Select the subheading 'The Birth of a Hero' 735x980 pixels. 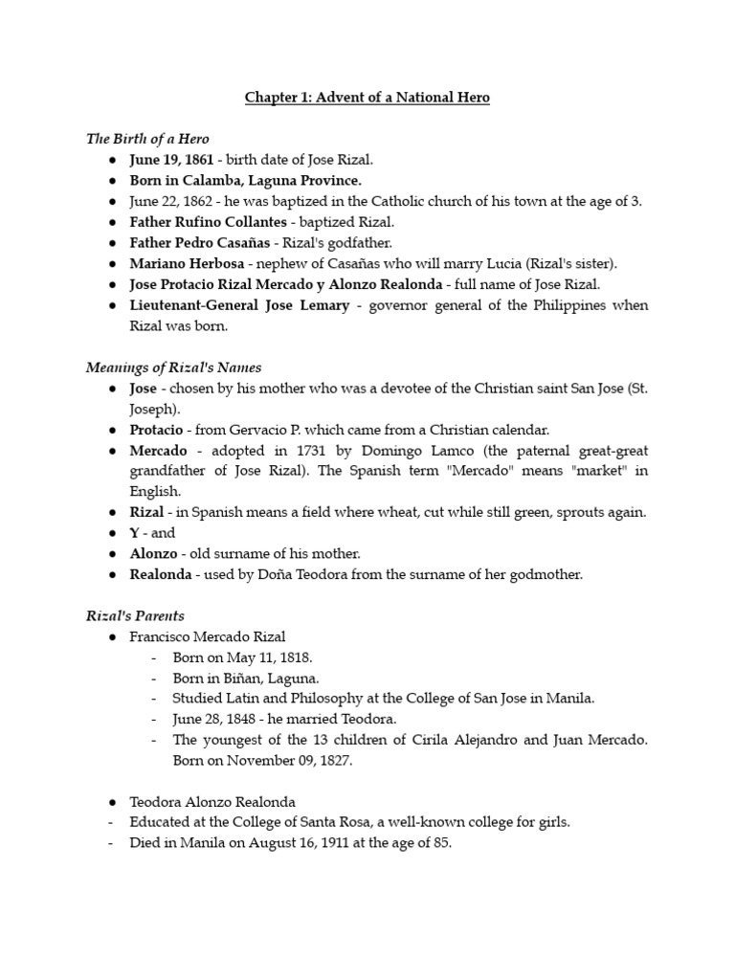(x=147, y=139)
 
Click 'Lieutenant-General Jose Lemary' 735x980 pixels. (x=239, y=305)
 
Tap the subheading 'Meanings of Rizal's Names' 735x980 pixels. (x=173, y=367)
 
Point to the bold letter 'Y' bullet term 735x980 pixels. (x=135, y=533)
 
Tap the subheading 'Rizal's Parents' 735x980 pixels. (x=135, y=615)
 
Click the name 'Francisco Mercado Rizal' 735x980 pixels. (x=208, y=636)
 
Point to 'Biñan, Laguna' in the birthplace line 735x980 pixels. (x=265, y=678)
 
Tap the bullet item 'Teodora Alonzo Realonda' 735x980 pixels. (x=213, y=801)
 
